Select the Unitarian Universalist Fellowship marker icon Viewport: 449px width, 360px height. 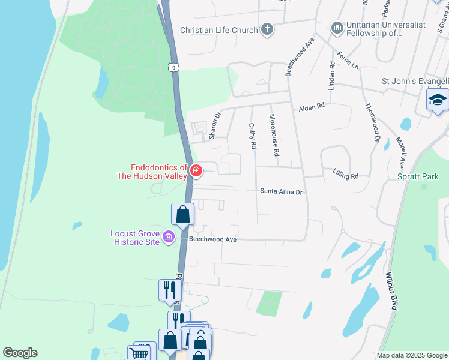point(337,28)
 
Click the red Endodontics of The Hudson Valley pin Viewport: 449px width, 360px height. point(196,171)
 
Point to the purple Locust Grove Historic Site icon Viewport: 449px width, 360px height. point(169,237)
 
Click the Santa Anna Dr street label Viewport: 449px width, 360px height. point(280,191)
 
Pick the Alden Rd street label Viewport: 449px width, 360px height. point(312,106)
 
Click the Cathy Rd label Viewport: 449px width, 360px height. point(253,136)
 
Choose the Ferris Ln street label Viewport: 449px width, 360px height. point(348,59)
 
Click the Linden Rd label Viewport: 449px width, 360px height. point(331,75)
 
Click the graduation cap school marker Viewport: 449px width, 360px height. point(438,100)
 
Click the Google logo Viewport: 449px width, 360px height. point(20,353)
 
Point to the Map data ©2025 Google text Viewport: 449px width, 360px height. point(411,355)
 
